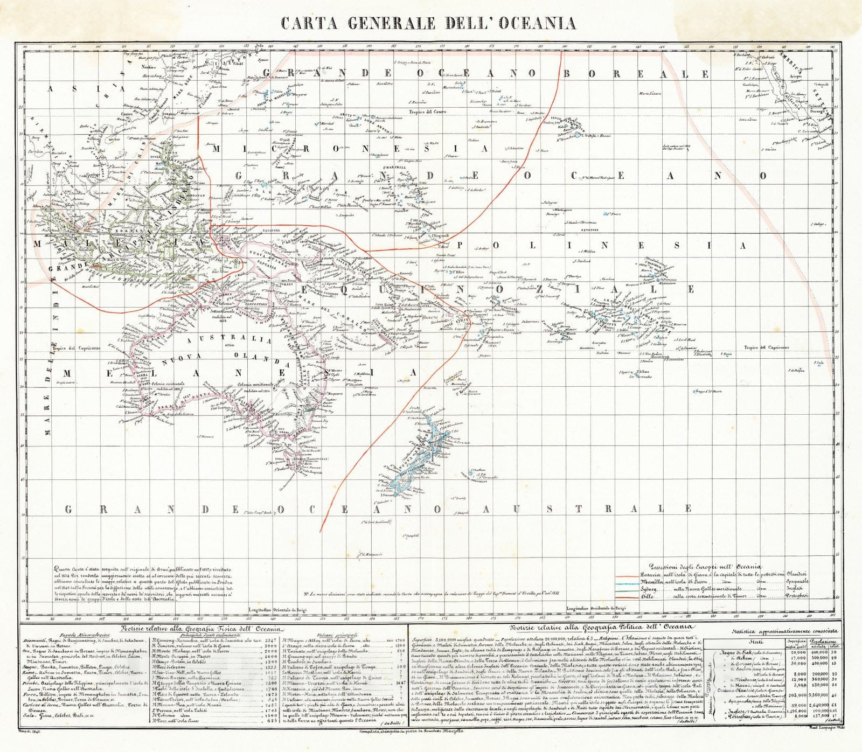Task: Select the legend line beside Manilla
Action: pos(625,582)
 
